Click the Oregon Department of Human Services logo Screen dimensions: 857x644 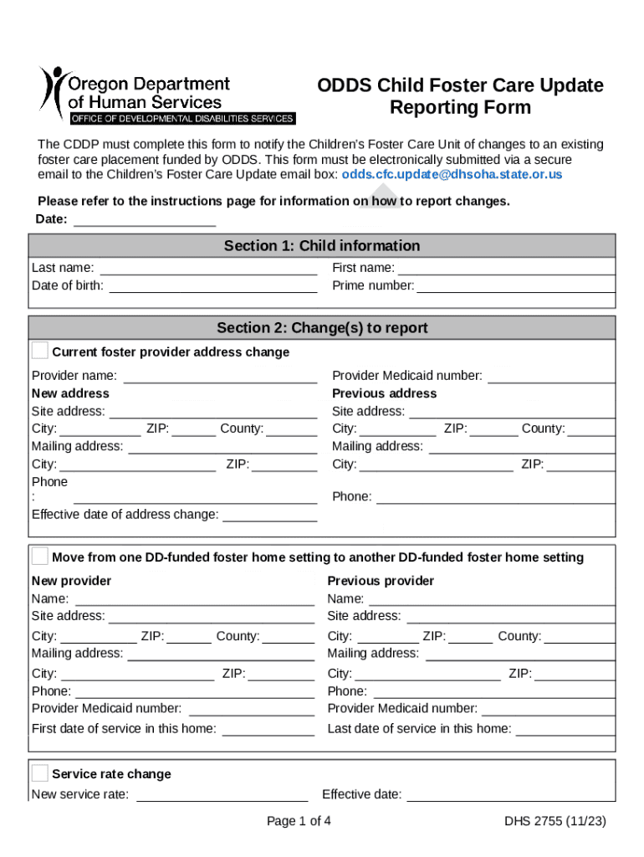click(x=166, y=94)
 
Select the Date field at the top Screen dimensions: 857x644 click(x=146, y=220)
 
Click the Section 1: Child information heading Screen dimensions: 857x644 click(x=322, y=245)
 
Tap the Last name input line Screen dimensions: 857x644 click(x=208, y=268)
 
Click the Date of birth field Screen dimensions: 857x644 click(x=213, y=285)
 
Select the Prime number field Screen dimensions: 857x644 click(x=515, y=285)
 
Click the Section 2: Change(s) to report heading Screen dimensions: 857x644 click(x=322, y=328)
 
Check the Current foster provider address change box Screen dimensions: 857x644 click(x=40, y=351)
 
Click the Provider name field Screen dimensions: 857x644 click(x=220, y=376)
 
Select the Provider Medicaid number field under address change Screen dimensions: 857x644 click(x=551, y=376)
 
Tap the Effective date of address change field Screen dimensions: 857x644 click(x=269, y=514)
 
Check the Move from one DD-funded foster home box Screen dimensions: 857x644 click(x=40, y=557)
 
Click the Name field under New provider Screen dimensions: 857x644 click(x=195, y=598)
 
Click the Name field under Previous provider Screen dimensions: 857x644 click(x=492, y=598)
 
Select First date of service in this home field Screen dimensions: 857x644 click(x=268, y=728)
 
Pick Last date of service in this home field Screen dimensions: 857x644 click(x=565, y=728)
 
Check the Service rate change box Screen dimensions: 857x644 click(x=40, y=773)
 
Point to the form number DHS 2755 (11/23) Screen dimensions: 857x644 click(x=555, y=821)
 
